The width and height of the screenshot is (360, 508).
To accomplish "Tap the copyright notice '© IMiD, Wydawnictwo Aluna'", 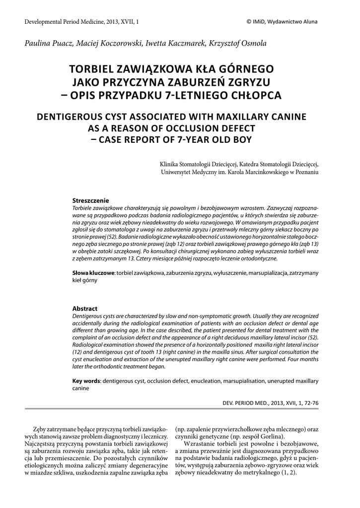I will pos(282,22).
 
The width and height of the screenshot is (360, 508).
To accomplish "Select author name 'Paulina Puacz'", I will pos(46,44).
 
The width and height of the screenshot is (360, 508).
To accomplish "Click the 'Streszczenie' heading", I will pos(91,200).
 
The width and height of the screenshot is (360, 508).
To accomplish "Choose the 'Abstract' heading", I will pos(85,309).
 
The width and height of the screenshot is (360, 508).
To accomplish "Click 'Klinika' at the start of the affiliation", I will pos(170,164).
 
